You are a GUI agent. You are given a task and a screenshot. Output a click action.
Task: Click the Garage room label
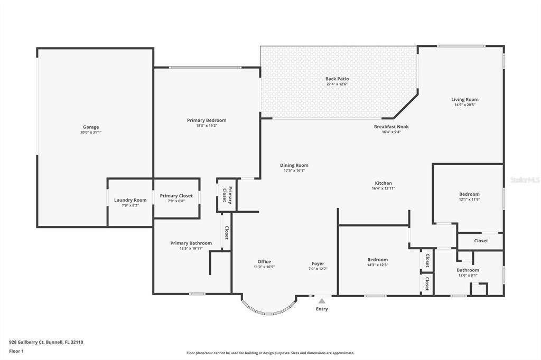(91, 127)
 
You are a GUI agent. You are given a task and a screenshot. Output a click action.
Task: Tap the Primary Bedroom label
(207, 120)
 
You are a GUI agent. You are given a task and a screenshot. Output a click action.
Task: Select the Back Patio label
(337, 79)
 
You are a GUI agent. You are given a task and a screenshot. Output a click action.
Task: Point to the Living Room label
(464, 99)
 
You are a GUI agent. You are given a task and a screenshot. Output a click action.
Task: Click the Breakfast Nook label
(391, 127)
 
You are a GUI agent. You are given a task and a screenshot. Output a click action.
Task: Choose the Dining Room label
(294, 165)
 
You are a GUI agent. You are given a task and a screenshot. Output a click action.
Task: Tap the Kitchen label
(383, 183)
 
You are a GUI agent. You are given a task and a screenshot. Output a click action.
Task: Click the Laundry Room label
(130, 200)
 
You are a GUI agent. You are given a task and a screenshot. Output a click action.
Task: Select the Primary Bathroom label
(191, 243)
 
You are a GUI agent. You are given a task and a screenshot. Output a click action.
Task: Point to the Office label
(264, 261)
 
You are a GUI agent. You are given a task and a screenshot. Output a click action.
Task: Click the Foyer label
(318, 263)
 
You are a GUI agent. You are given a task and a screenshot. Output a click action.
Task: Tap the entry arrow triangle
(321, 301)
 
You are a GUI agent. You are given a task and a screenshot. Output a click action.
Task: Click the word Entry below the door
(322, 309)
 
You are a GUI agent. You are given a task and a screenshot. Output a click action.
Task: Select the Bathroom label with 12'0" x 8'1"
(468, 270)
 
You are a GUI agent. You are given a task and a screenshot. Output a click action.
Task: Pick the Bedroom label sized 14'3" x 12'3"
(377, 259)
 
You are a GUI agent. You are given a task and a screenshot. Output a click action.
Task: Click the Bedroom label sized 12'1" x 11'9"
(469, 194)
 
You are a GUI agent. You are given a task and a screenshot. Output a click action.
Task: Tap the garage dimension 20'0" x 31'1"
(91, 132)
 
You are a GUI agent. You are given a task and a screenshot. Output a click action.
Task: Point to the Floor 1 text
(17, 351)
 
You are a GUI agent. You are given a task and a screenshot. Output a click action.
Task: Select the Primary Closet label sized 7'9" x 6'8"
(176, 195)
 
